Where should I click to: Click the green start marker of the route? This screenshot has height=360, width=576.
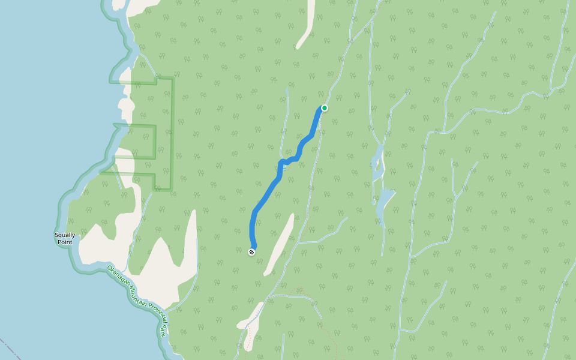coord(325,108)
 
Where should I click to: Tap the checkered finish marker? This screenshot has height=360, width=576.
coord(252,252)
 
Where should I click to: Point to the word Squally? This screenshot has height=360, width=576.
coord(64,235)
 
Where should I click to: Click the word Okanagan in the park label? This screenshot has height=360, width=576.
coord(119,275)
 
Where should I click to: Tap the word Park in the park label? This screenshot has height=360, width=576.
coord(163,330)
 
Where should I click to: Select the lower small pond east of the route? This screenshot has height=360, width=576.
coord(384,201)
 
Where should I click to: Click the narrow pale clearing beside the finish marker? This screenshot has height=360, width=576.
coord(280,243)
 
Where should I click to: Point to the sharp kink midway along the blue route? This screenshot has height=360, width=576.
coord(281,163)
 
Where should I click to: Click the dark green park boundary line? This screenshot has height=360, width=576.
coord(172,132)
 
